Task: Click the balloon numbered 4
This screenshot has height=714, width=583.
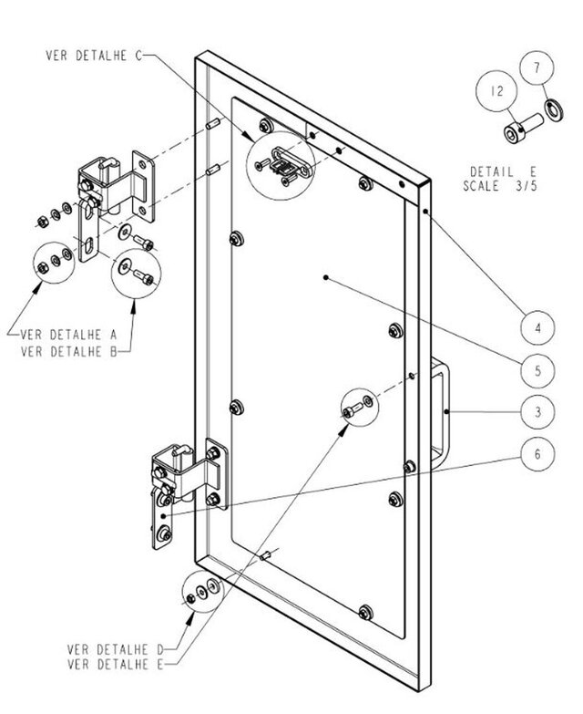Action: pos(538,326)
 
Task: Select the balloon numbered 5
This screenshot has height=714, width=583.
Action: pos(538,370)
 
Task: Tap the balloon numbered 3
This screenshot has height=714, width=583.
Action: pos(538,412)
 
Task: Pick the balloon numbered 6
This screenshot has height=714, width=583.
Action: pos(538,453)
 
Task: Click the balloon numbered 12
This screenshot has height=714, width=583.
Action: pos(496,92)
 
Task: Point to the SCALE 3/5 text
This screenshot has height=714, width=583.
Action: pos(502,185)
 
